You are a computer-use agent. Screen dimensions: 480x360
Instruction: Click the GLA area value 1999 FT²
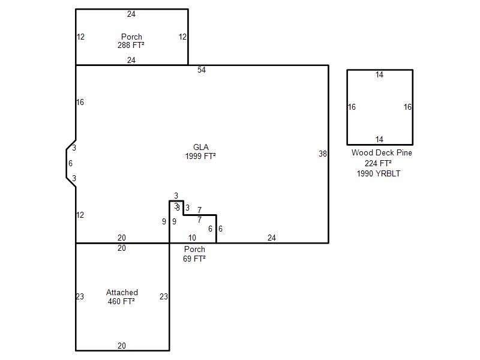pos(200,156)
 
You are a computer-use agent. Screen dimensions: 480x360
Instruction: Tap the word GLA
pos(201,147)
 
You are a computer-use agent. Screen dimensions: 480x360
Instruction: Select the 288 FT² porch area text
pos(131,46)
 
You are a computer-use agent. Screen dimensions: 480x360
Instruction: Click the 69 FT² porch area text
pos(194,259)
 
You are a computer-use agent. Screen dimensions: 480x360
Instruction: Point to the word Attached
pos(122,292)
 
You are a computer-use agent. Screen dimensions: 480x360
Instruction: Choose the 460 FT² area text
pos(122,301)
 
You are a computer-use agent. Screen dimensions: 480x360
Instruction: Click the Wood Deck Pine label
pos(382,153)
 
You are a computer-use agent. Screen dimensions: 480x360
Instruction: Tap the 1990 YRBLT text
pos(379,173)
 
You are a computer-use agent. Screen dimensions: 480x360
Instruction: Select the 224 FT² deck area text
pos(379,163)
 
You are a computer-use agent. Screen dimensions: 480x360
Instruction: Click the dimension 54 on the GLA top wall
pos(202,70)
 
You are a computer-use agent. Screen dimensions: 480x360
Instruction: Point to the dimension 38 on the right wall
pos(323,154)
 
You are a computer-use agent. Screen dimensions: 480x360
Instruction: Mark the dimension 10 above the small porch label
pos(192,238)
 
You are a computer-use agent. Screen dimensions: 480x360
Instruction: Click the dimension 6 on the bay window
pos(70,163)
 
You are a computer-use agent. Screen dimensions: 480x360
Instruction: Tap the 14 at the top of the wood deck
pos(379,74)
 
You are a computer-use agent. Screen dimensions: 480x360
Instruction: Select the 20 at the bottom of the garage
pos(122,346)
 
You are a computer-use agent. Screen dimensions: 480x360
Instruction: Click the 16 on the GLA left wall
pos(80,102)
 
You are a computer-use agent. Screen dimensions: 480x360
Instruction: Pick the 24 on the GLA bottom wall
pos(272,238)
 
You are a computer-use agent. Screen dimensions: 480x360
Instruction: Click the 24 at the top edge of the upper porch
pos(131,14)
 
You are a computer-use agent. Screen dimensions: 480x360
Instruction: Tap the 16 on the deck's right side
pos(407,107)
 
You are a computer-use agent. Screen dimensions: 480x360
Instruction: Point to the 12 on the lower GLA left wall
pos(80,215)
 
